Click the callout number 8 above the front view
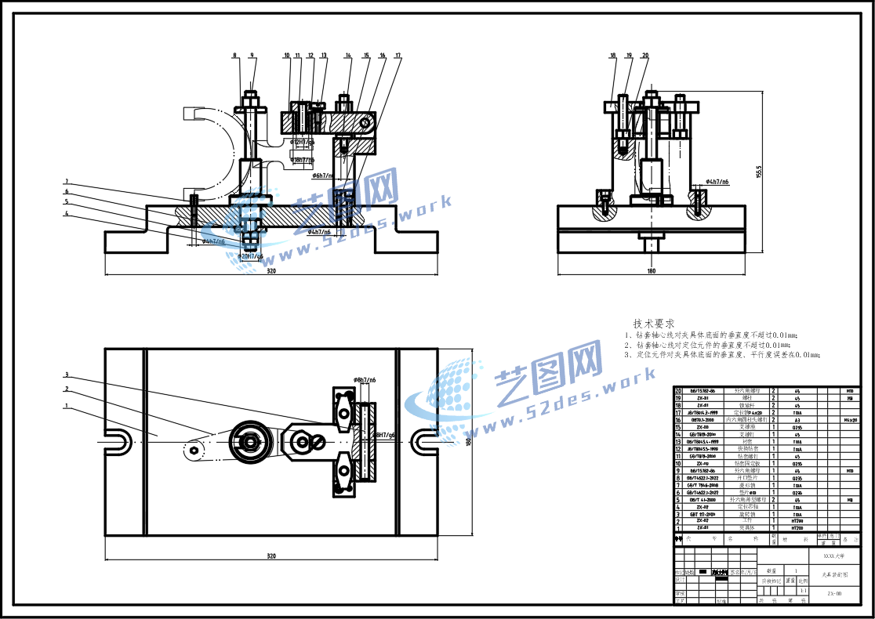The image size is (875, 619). coord(234,56)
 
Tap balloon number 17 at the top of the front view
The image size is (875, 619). coord(398,56)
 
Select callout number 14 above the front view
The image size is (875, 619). coord(347,56)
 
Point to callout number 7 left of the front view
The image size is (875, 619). coord(67,180)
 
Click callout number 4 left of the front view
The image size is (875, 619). coord(67,213)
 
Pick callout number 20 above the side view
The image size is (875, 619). coord(645,56)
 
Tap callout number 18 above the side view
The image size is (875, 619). coord(613,56)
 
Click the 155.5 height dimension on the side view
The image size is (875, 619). coord(758,172)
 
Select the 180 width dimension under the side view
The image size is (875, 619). coord(651,271)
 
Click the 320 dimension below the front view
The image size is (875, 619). coord(271,271)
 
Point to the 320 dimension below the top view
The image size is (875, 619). coord(271,556)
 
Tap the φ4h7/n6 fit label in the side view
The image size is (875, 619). coord(717,182)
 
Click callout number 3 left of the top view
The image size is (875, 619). coord(67,374)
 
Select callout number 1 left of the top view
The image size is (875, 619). coord(67,406)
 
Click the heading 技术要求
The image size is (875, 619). coord(654,324)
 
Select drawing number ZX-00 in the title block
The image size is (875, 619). coord(834,594)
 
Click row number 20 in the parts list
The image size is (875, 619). coord(678,389)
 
